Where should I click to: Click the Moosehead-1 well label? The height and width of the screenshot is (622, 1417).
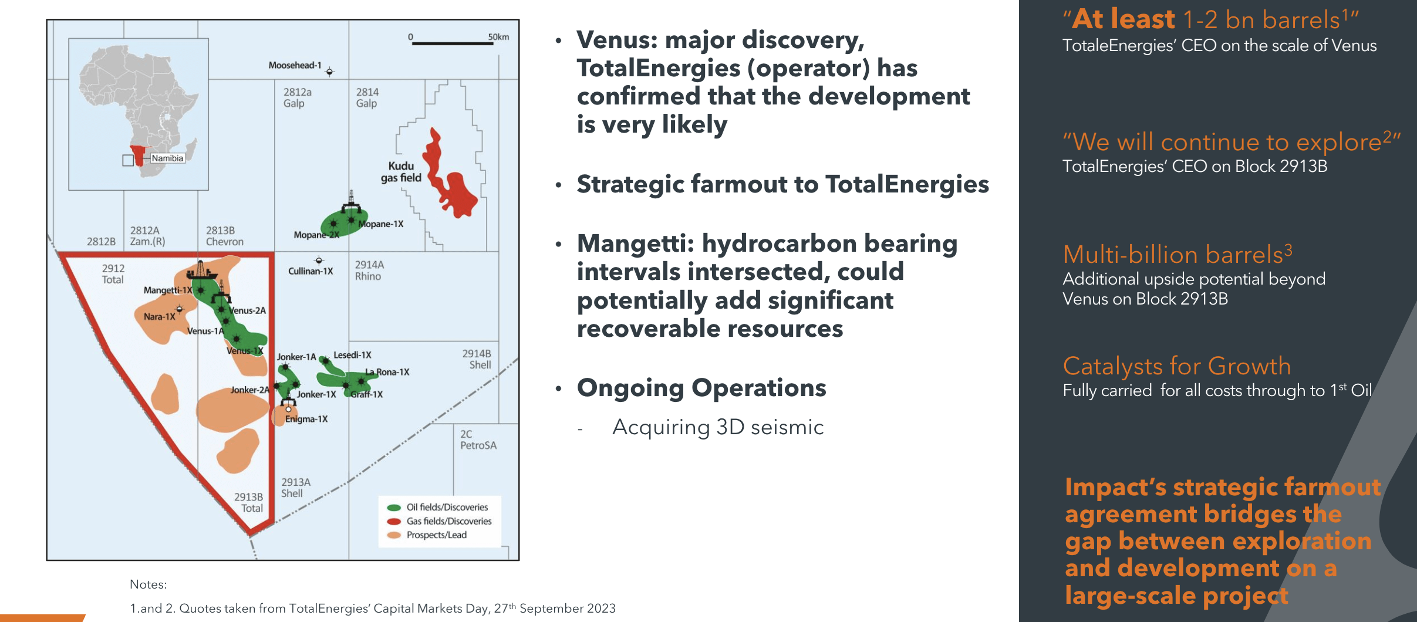pos(295,65)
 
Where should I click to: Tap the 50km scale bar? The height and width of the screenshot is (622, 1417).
pos(452,43)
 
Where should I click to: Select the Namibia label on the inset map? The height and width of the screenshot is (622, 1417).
pos(167,158)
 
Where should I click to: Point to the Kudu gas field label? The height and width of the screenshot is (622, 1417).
pos(402,172)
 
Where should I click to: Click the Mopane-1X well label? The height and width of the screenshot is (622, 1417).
pos(381,224)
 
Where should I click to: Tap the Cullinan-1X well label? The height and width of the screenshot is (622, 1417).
pos(310,271)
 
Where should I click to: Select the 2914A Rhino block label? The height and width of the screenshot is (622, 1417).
pos(369,271)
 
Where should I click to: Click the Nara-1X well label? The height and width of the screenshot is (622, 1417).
pos(159,317)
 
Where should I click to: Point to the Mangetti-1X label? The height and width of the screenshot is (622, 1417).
pos(168,290)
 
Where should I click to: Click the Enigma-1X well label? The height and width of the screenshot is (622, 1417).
pos(306,419)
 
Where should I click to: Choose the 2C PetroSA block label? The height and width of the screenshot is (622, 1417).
pos(478,440)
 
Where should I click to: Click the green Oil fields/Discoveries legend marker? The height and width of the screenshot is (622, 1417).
pos(394,508)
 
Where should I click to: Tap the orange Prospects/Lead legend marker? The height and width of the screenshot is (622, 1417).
pos(394,535)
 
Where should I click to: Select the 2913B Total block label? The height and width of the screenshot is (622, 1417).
pos(249,502)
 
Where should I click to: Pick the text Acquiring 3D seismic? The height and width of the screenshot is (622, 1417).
pos(717,427)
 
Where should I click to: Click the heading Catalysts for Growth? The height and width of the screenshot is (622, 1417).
pos(1176,366)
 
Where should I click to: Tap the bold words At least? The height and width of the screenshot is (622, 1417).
pos(1123,19)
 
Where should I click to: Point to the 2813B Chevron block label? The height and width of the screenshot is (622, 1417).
pos(224,236)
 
